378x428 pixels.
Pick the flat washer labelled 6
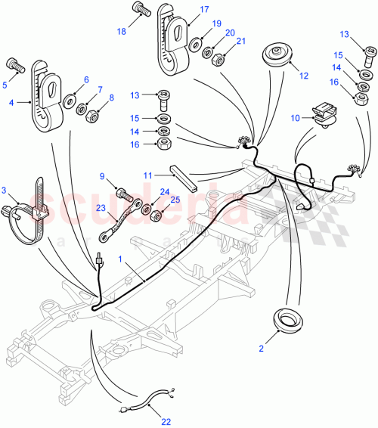pyautogui.click(x=69, y=98)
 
